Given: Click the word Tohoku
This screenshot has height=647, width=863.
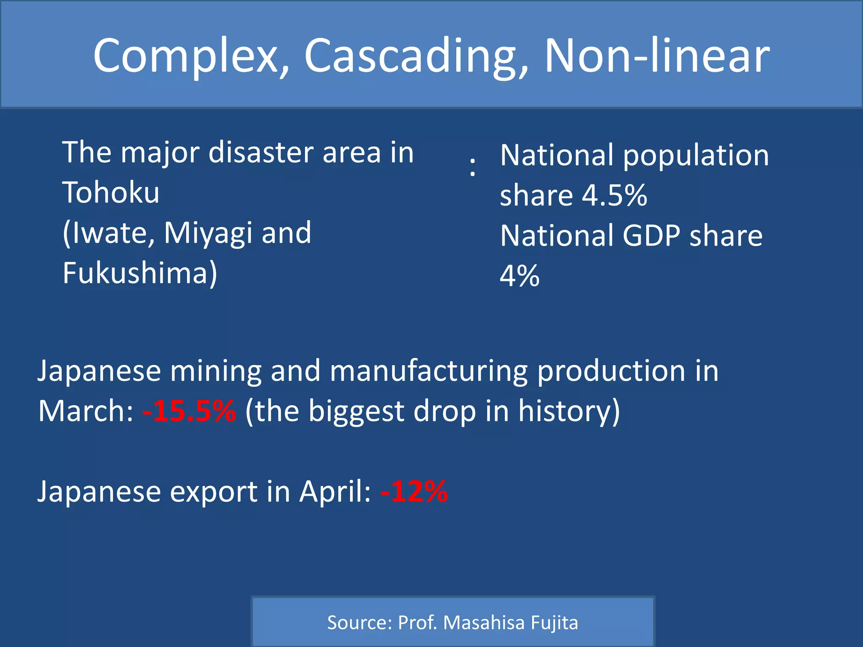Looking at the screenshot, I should tap(111, 192).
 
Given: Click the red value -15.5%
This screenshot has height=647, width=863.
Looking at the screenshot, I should tap(189, 411).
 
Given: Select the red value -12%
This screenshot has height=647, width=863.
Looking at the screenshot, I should tap(414, 492).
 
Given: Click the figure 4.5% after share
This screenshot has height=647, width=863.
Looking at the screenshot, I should tap(614, 195).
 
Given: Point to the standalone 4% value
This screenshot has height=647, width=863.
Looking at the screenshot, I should tap(519, 276).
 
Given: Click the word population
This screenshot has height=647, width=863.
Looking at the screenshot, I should tap(696, 156).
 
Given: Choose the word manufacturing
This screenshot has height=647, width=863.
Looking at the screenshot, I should tap(429, 372).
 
